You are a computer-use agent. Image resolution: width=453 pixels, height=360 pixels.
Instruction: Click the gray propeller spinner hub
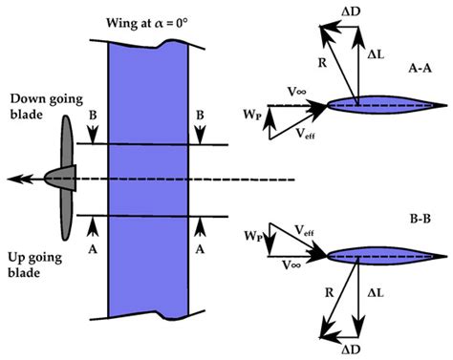click(x=61, y=178)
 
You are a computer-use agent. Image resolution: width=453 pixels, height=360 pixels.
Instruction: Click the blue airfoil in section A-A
click(x=382, y=106)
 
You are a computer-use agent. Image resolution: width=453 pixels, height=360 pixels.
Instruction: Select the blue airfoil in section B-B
click(x=382, y=255)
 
